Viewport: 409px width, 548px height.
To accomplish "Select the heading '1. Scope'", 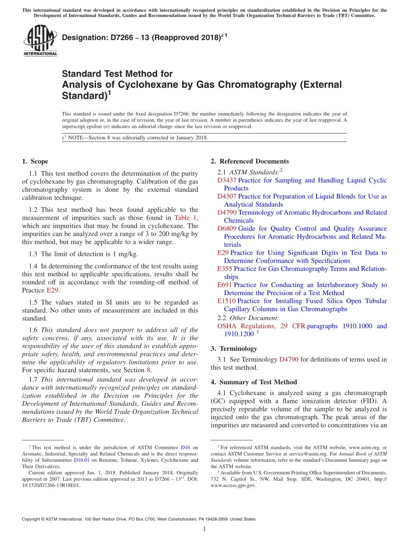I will tap(35, 162).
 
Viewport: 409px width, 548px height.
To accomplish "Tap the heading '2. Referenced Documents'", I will tap(250, 162).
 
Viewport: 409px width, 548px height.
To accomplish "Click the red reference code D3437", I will tap(227, 181).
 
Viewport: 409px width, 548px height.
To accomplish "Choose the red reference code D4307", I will tap(227, 196).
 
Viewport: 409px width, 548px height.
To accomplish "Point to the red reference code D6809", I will tap(227, 229).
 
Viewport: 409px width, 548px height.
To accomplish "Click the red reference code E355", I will tap(225, 269).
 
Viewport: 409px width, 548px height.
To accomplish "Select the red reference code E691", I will tap(225, 285).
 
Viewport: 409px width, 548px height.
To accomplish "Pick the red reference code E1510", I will tap(226, 301).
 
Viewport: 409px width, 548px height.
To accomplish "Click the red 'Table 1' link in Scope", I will tap(185, 218).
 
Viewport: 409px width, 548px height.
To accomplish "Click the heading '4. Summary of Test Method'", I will tap(254, 382).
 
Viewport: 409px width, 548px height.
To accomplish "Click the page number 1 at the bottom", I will tap(204, 529).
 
